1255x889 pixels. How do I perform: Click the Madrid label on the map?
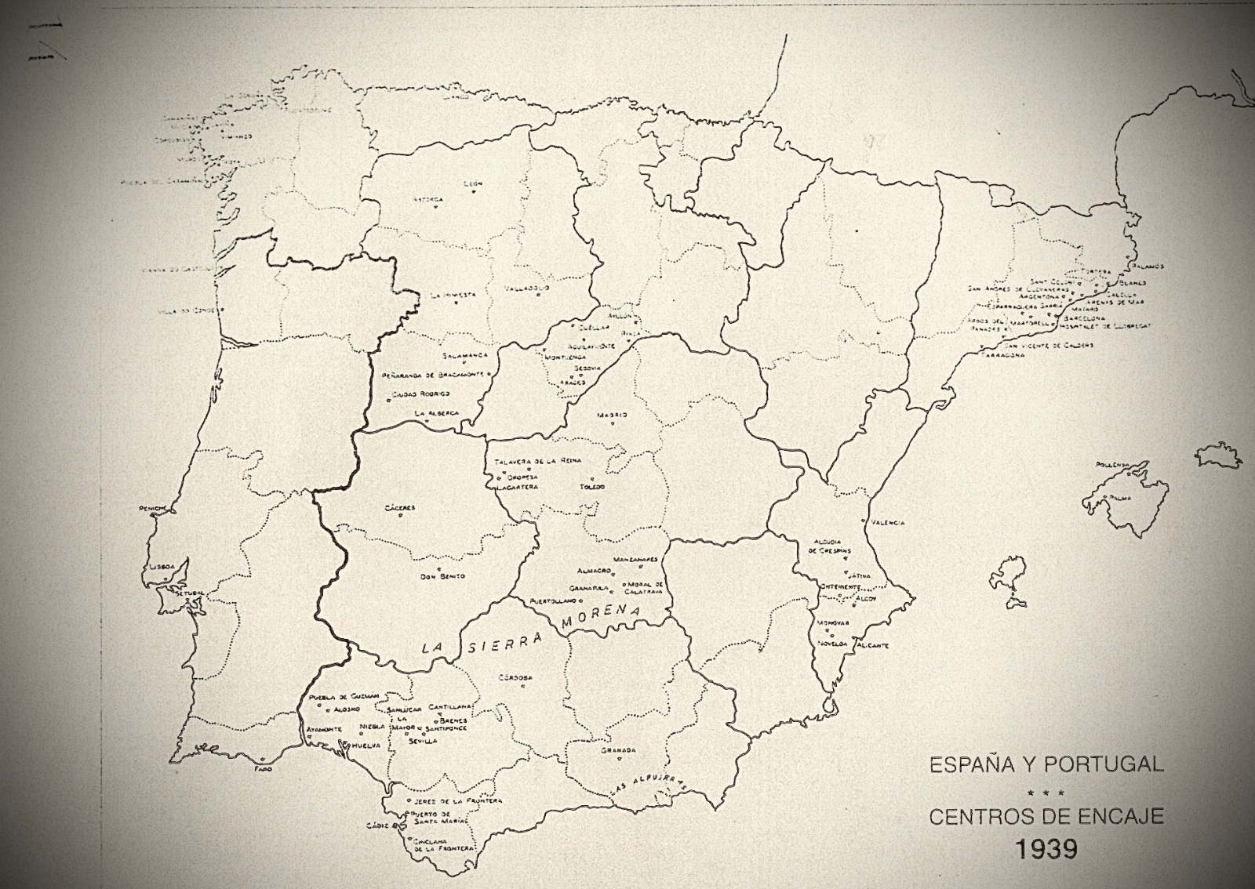(612, 415)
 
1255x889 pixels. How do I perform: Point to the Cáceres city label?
(400, 507)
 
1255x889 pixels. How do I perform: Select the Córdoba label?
(515, 677)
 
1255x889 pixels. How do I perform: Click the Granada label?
(618, 750)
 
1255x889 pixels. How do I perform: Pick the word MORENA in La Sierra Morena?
(601, 618)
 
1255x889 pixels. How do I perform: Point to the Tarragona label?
(1002, 355)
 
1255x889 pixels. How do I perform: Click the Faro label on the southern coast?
(263, 769)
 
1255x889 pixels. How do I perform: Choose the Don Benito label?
(442, 576)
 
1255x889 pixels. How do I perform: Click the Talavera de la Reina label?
(538, 461)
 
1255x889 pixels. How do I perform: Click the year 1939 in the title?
(1046, 849)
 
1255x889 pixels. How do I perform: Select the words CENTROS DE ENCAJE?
(1046, 817)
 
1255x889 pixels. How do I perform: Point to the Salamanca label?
(464, 355)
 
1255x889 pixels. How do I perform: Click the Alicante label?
(872, 645)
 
